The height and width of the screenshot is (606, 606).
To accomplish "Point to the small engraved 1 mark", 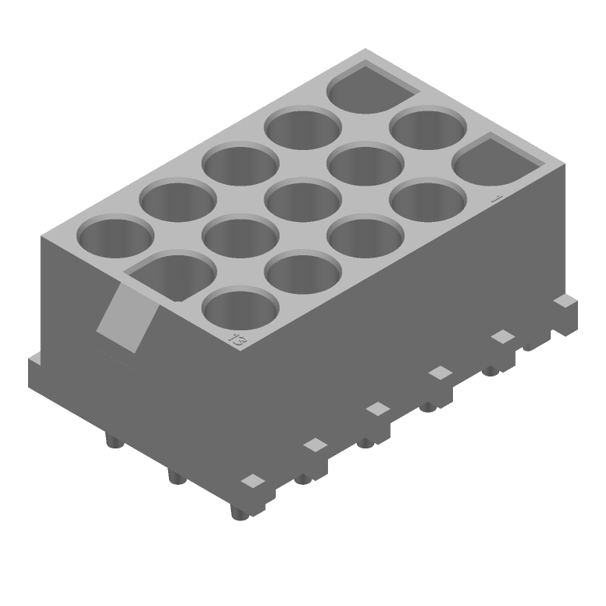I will tap(496, 198).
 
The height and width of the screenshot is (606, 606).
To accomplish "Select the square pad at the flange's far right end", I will tap(561, 301).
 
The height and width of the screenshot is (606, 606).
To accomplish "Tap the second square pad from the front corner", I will tap(314, 445).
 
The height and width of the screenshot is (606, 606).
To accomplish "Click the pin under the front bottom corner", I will tap(238, 513).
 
